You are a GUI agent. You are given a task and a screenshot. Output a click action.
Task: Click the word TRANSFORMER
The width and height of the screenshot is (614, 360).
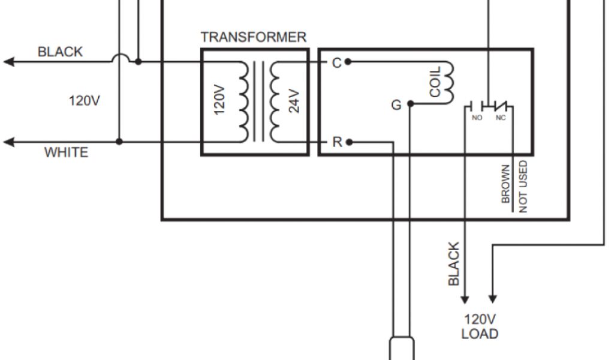(253, 37)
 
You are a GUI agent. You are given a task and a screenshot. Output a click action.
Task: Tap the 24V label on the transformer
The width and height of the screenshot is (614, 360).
(294, 100)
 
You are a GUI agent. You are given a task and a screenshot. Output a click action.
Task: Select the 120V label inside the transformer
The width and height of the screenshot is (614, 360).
(219, 100)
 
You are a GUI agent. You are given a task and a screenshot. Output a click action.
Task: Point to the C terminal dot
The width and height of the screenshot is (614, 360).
(348, 62)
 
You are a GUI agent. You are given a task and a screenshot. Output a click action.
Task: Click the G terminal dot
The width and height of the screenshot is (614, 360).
(410, 104)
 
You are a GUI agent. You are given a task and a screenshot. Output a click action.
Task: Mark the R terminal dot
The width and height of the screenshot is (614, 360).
(349, 142)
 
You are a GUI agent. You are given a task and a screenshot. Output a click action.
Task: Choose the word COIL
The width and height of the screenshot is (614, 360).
(435, 82)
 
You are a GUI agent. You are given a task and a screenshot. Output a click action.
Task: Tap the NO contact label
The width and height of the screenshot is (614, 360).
(477, 118)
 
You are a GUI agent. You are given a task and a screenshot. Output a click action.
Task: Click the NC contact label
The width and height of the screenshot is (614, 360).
(501, 118)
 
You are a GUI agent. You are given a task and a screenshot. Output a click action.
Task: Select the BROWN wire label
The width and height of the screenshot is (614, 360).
(506, 184)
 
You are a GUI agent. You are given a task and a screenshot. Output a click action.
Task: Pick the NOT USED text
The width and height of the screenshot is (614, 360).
(523, 186)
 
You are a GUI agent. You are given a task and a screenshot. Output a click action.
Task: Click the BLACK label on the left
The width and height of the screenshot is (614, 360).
(60, 52)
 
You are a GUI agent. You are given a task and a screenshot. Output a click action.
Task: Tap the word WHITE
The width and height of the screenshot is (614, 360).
(66, 153)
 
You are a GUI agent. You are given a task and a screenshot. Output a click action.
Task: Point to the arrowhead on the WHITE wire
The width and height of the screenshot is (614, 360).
(8, 142)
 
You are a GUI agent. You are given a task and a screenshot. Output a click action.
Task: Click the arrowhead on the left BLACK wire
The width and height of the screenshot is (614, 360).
(8, 61)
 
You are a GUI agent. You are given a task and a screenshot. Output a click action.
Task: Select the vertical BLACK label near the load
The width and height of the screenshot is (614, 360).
(455, 264)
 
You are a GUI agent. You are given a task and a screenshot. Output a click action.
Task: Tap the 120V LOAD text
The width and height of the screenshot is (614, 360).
(480, 326)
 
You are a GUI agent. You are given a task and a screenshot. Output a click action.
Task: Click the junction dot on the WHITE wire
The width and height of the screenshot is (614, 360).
(119, 142)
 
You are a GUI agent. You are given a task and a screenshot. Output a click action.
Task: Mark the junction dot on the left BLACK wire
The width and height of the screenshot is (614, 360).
(139, 61)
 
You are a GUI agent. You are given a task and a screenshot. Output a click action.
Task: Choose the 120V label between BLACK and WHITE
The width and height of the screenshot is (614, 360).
(85, 100)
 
